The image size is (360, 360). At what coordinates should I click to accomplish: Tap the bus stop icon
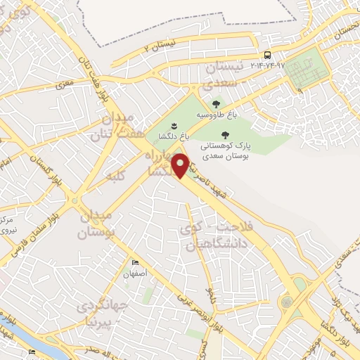coord(267,55)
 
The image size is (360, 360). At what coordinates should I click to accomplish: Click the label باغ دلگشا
coord(164,137)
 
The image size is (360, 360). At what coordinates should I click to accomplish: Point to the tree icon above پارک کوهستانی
coord(225,135)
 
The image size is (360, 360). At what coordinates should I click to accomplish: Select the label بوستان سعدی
coord(224,159)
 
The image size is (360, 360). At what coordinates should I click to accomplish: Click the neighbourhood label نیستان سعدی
coord(226,73)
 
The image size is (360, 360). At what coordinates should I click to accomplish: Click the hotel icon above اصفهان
coord(136,262)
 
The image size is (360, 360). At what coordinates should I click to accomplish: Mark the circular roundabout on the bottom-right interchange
coord(287,302)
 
